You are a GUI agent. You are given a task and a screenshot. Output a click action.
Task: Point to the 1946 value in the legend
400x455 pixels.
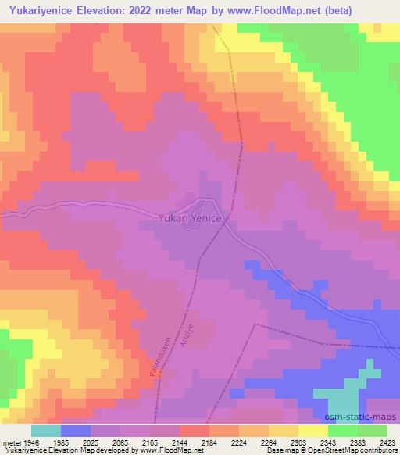point(29,442)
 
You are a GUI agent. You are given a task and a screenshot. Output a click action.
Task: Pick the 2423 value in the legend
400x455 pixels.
point(387,442)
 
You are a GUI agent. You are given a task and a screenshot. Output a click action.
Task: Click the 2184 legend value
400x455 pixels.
point(209,442)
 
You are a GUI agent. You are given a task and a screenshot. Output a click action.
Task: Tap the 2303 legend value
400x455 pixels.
point(298,442)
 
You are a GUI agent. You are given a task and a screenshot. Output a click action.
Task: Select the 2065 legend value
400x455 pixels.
point(120,442)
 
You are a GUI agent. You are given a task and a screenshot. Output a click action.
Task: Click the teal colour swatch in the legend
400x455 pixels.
point(46,431)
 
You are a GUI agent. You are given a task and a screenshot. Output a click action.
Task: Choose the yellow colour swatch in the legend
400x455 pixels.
point(312,431)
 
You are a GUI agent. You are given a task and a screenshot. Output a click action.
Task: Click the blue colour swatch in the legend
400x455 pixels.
point(76,431)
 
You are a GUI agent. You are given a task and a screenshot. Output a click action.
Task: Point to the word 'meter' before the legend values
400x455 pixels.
point(10,442)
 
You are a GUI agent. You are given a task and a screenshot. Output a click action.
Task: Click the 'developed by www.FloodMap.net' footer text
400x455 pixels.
point(148,451)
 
